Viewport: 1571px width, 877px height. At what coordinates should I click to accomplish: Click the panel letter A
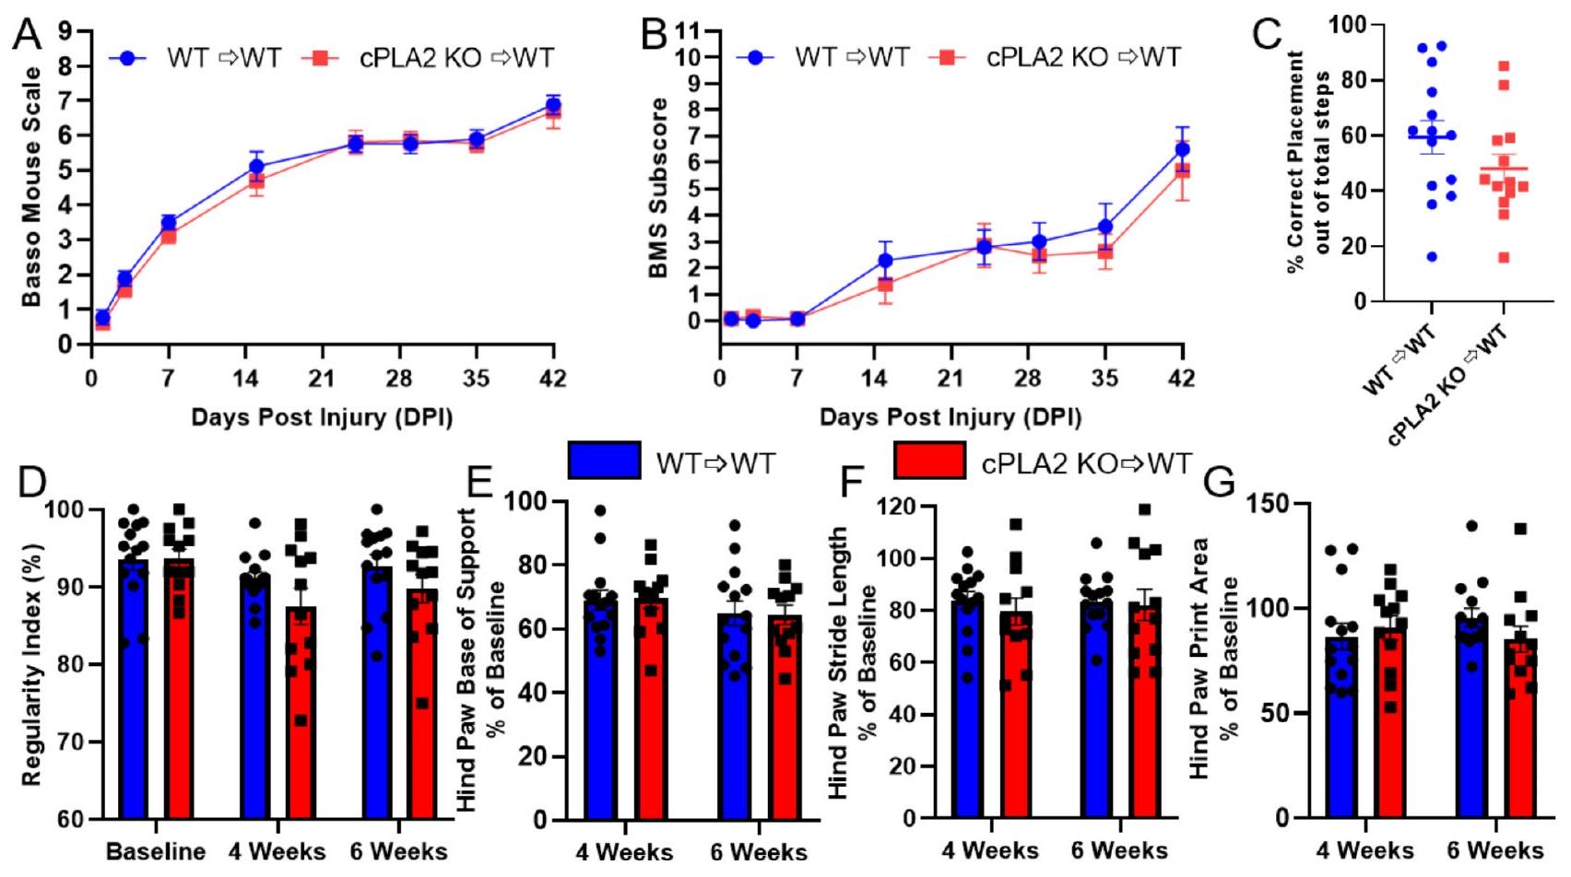28,37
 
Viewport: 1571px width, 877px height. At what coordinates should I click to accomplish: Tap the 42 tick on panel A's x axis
553,379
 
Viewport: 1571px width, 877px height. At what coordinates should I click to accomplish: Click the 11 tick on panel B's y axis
687,31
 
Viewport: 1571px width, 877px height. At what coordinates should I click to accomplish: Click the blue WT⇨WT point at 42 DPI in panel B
1183,149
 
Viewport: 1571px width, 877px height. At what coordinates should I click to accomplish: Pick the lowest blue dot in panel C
1432,257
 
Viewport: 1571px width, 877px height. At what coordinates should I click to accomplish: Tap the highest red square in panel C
1503,66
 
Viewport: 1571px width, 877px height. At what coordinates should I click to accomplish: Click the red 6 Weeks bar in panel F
1144,710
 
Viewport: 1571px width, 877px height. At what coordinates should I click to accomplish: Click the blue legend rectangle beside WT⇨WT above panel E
605,461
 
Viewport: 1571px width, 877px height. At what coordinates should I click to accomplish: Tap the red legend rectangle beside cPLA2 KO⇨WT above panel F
930,461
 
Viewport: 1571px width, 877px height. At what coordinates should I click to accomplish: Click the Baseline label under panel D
156,850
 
